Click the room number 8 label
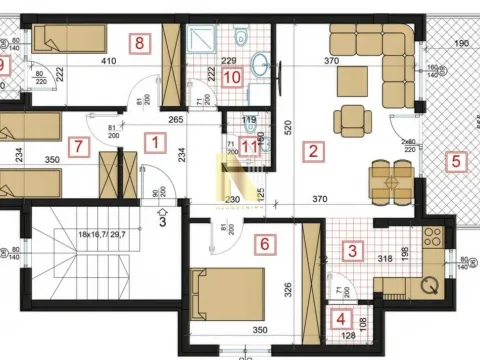coord(140,43)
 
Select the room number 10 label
coord(231,76)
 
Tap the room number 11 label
coord(250,146)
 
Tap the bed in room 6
coord(227,291)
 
